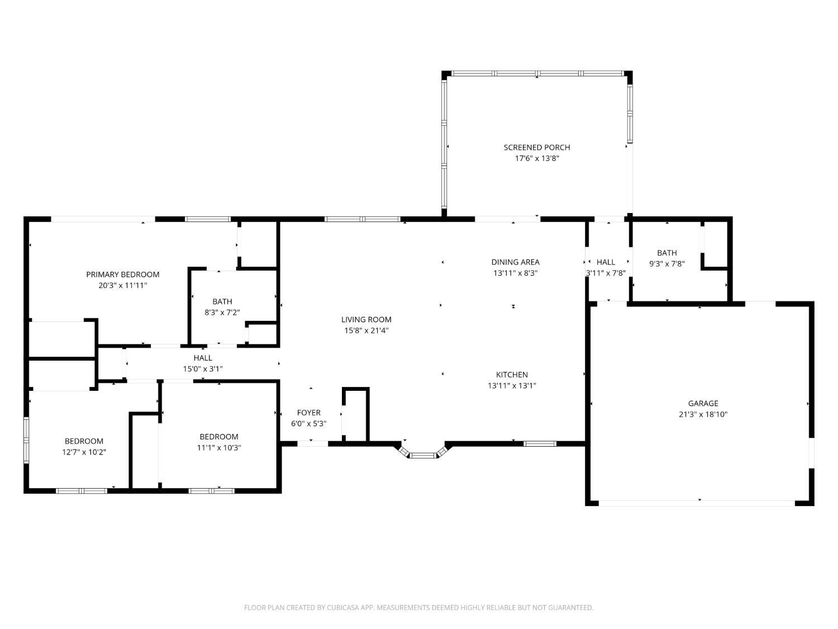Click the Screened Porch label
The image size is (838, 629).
click(536, 148)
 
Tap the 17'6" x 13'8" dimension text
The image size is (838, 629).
click(536, 158)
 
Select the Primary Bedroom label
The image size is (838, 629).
click(122, 274)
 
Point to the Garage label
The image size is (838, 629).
click(703, 403)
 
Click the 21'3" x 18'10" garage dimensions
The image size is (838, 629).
click(703, 414)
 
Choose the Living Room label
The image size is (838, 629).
click(366, 319)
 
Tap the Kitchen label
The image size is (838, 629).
click(512, 374)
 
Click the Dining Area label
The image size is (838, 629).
click(515, 262)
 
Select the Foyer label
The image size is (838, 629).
click(308, 413)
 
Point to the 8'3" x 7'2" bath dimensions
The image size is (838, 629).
click(222, 313)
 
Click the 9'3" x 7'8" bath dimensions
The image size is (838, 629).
click(666, 263)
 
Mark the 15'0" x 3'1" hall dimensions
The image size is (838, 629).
click(203, 368)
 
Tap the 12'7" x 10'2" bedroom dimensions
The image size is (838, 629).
click(84, 452)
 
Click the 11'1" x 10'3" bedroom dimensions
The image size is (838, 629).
click(219, 447)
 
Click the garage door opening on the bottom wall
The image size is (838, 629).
click(697, 503)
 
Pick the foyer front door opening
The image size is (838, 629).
click(313, 443)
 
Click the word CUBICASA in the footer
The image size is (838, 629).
click(343, 607)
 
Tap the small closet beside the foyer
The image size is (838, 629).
click(356, 415)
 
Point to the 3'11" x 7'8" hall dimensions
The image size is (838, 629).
click(606, 273)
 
